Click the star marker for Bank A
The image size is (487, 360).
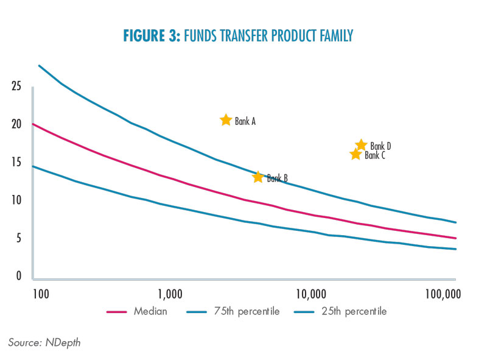coord(226,119)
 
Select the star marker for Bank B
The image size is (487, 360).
coord(258,177)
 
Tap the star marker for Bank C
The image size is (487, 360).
coord(356,154)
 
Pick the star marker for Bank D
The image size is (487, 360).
coord(361,145)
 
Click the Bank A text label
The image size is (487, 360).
coord(245,121)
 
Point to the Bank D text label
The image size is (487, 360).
coord(380,146)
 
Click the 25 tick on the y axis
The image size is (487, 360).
coord(16,86)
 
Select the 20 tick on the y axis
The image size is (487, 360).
coord(16,124)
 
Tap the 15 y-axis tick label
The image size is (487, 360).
coord(16,162)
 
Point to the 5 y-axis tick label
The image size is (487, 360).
coord(19,238)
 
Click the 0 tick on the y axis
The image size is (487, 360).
coord(19,276)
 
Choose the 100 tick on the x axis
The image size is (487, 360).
coord(41,294)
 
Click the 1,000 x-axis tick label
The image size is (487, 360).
coord(170,294)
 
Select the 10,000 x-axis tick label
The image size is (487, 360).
coord(311,294)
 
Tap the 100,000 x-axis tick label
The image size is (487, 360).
coord(443,294)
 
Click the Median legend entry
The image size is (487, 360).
coord(137,311)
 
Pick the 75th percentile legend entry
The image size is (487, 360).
coord(233,311)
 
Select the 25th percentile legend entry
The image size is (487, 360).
coord(340,311)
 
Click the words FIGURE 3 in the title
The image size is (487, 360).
coord(152,36)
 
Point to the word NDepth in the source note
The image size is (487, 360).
coord(63,342)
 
